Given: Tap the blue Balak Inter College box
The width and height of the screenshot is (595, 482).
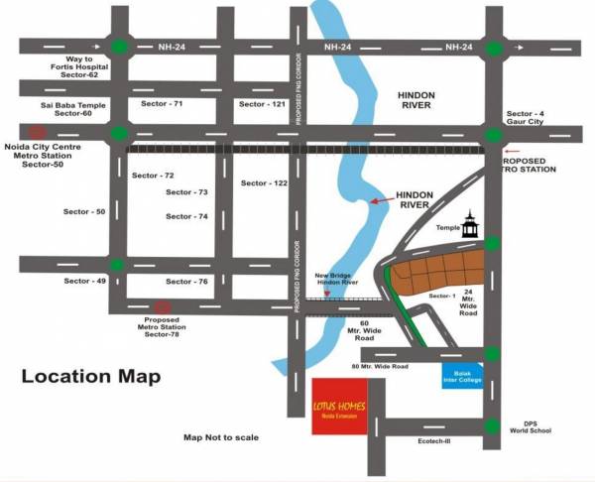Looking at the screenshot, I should tap(462, 375).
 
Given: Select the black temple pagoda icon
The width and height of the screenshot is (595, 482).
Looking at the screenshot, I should tap(470, 225).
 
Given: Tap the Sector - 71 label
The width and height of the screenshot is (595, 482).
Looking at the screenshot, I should tap(162, 103).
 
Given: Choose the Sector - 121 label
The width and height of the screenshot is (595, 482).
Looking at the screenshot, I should tap(262, 103).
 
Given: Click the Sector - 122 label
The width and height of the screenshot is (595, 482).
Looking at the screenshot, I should tap(264, 183).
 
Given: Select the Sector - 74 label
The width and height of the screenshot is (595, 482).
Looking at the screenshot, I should tap(186, 216).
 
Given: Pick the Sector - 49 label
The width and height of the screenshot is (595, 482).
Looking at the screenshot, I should tap(84, 282).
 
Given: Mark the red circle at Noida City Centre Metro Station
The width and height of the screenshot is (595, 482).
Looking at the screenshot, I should tap(37, 132).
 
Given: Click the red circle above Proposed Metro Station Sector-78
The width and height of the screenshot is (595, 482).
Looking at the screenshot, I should tap(162, 307).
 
